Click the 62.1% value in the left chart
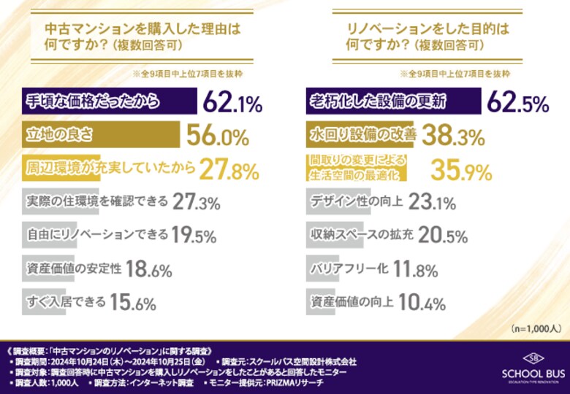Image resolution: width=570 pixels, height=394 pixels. pos(232,103)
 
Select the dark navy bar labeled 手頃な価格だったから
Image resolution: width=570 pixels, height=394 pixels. pos(108,102)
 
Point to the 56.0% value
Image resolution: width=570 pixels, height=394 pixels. pos(218,137)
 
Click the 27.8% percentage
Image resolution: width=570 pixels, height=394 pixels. pos(229,171)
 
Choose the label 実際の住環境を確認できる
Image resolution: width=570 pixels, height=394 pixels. pos(96,202)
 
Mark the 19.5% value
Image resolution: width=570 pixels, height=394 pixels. pos(193,235)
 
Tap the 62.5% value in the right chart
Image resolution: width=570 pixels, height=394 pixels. pos(517,103)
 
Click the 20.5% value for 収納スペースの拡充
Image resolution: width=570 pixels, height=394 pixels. pos(444,236)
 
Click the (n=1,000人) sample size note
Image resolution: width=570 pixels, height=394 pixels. pos(536,327)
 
